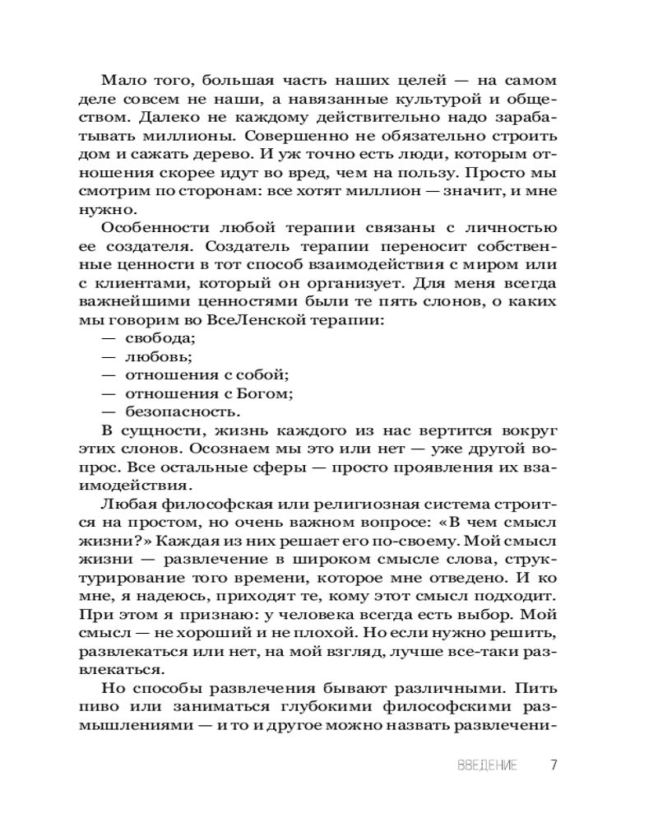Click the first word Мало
(x=120, y=81)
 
